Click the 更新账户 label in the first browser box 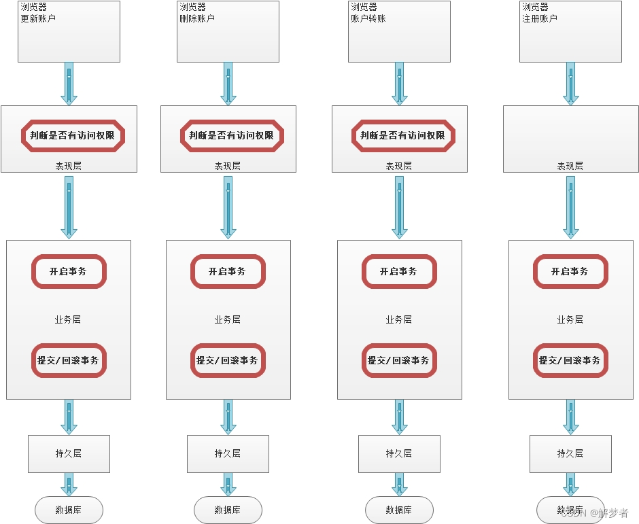coord(38,18)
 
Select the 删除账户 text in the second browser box coord(197,18)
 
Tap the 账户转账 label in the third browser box coord(368,18)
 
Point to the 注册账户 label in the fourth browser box coord(540,18)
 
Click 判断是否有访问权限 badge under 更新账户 coord(73,135)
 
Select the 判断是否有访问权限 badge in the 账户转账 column coord(403,135)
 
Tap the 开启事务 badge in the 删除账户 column coord(228,271)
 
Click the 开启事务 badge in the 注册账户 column coord(570,271)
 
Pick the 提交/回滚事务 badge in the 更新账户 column coord(69,360)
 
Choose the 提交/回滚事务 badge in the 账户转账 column coord(398,360)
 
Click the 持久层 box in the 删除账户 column coord(228,453)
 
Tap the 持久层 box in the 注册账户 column coord(570,453)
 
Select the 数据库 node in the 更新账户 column coord(69,510)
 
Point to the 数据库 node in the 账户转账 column coord(399,510)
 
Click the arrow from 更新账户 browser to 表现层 coord(69,84)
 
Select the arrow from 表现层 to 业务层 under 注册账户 coord(570,207)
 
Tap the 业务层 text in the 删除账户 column coord(228,319)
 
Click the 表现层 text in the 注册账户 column coord(570,166)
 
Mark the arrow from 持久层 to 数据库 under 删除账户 coord(228,484)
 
